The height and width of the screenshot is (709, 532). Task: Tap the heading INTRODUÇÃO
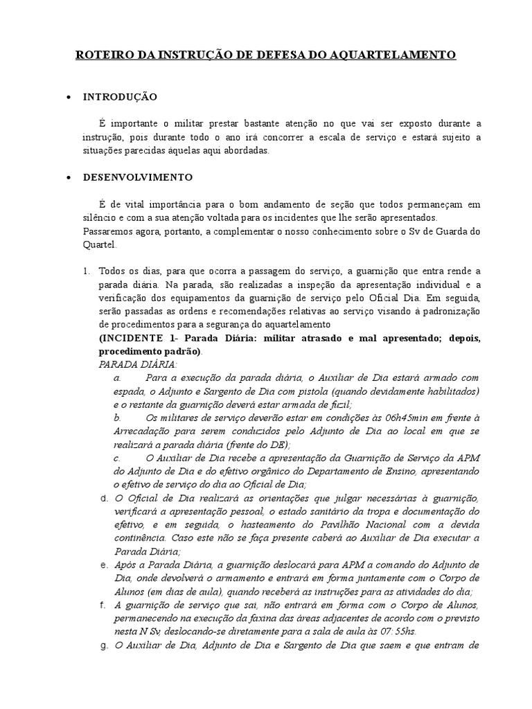pyautogui.click(x=121, y=96)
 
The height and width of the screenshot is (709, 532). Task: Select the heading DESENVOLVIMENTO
pyautogui.click(x=138, y=177)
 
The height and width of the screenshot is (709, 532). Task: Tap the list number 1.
pyautogui.click(x=85, y=270)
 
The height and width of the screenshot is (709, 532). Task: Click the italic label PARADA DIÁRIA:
pyautogui.click(x=139, y=364)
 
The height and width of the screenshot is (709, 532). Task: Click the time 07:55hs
pyautogui.click(x=395, y=631)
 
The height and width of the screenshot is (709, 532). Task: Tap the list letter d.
pyautogui.click(x=103, y=498)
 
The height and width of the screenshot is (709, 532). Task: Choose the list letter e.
pyautogui.click(x=103, y=565)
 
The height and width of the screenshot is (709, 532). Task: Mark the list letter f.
pyautogui.click(x=103, y=604)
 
